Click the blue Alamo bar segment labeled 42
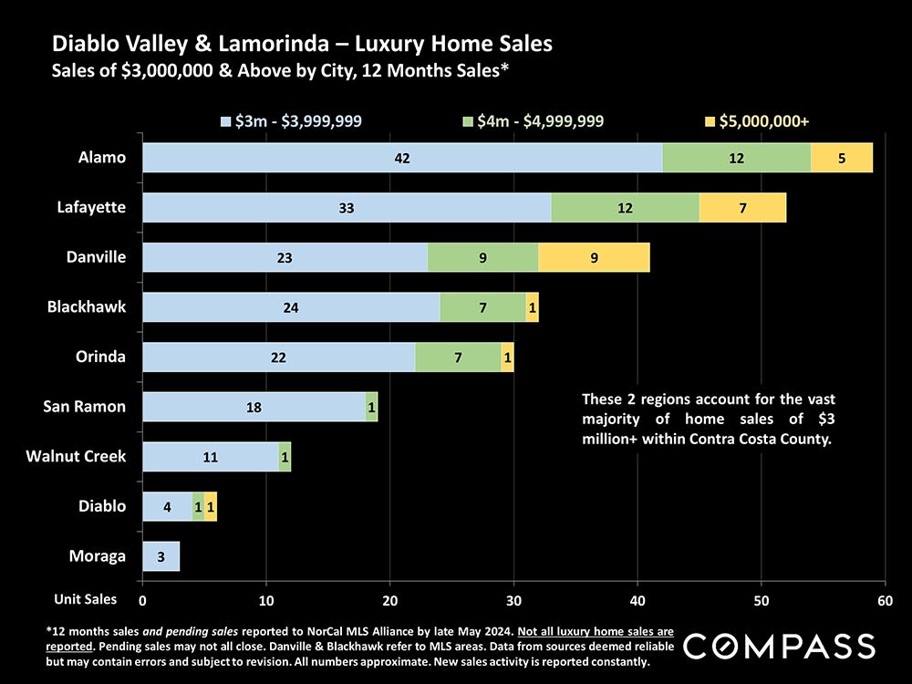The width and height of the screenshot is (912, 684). (402, 158)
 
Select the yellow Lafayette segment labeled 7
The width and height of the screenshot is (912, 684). (742, 208)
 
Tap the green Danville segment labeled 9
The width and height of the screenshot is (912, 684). (482, 257)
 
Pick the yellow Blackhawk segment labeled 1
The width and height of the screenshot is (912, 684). (533, 307)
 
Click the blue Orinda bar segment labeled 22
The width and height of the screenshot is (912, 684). (278, 358)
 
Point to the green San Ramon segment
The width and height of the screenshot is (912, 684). (371, 407)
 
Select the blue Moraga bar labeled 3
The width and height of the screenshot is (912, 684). (161, 556)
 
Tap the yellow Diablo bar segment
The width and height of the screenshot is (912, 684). (211, 506)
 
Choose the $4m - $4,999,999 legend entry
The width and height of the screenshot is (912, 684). (534, 120)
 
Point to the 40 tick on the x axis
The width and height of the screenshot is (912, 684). (637, 601)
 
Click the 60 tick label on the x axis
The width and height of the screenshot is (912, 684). (884, 601)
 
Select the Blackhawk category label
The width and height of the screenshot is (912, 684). (87, 307)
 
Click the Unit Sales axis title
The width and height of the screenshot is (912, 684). (85, 599)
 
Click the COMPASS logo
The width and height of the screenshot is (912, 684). (779, 646)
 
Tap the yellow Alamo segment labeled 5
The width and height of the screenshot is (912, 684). (841, 158)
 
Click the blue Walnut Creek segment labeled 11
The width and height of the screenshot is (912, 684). (211, 457)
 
